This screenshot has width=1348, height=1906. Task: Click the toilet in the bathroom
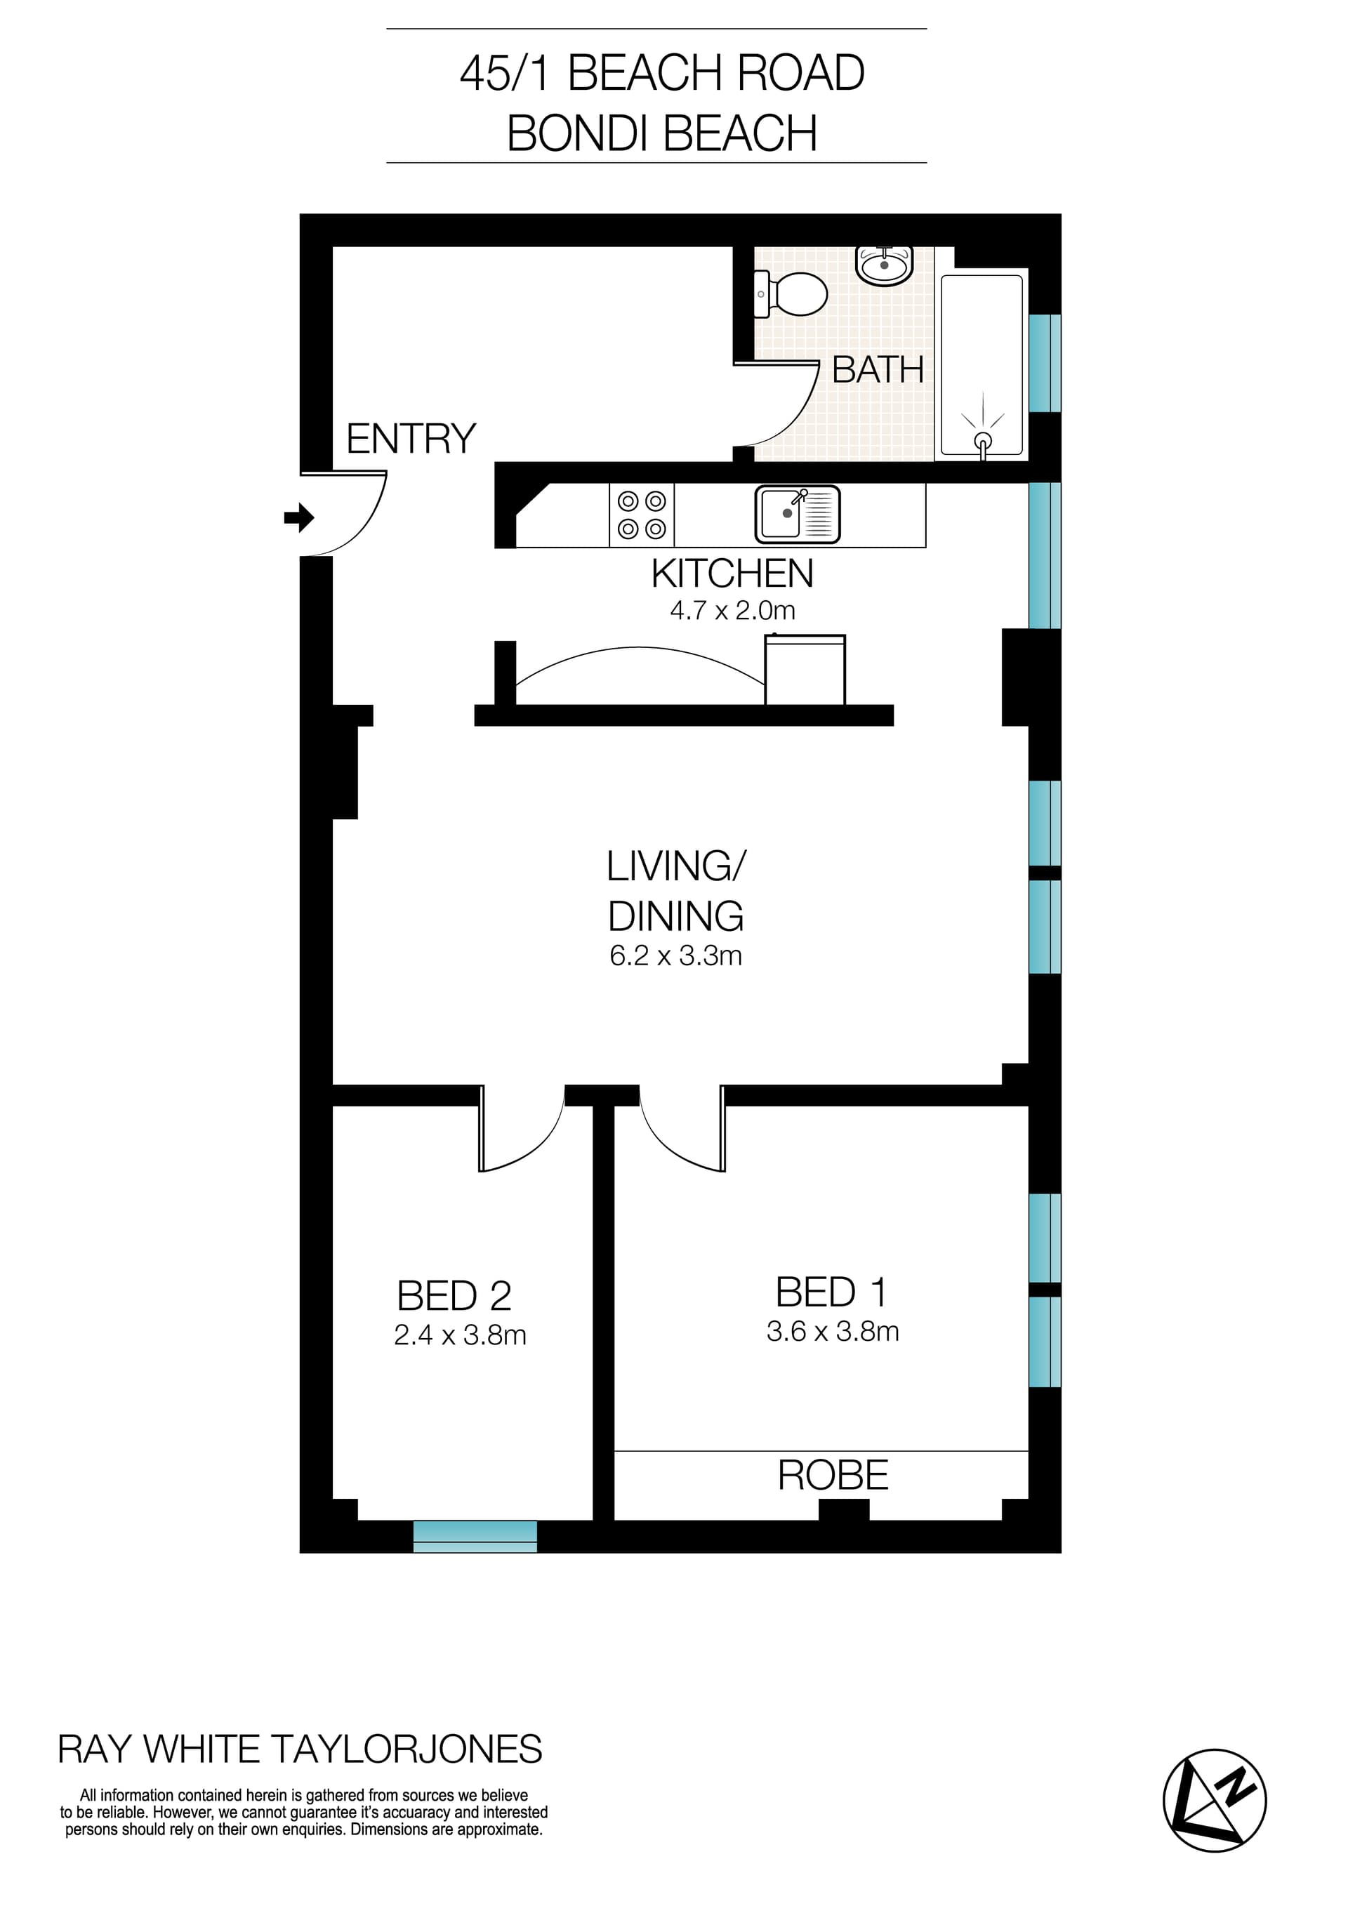pos(793,295)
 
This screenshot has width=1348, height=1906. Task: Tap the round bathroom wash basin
pos(884,265)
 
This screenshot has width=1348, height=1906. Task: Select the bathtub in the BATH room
pos(982,365)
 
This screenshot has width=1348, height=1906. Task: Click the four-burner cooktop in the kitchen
pos(642,515)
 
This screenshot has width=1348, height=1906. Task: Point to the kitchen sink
pos(797,514)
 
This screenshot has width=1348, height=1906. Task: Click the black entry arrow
pos(299,517)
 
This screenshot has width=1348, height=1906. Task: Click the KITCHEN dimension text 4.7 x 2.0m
pos(732,611)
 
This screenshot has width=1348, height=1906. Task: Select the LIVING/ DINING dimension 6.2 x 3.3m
pos(675,955)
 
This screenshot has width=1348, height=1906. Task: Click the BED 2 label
pos(454,1295)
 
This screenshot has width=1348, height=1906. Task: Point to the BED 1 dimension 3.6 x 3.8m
pos(833,1331)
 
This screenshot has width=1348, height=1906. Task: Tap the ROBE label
pos(833,1475)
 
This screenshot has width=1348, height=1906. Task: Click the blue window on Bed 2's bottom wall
pos(475,1536)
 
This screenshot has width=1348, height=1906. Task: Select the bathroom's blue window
pos(1044,363)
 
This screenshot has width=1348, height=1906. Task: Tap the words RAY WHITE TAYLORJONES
pos(300,1749)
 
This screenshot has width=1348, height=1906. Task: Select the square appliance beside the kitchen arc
pos(805,670)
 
